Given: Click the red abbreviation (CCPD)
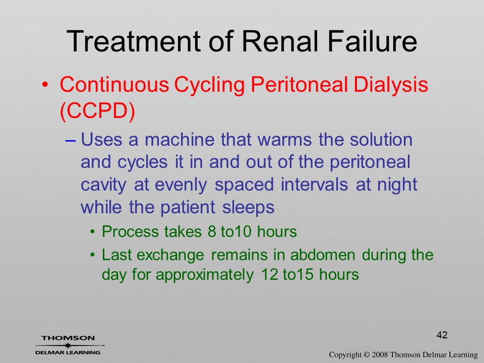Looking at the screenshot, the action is (x=97, y=110).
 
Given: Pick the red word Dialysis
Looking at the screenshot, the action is (x=391, y=85).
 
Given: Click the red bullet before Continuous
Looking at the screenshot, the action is (x=45, y=85).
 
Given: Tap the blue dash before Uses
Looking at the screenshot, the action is (x=71, y=141).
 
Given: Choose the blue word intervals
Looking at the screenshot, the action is (x=314, y=185).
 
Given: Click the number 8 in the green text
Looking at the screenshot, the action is (x=212, y=231).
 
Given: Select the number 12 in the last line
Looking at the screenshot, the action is (x=269, y=274).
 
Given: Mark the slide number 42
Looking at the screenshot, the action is (x=442, y=335).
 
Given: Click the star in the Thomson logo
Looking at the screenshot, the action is (x=68, y=345).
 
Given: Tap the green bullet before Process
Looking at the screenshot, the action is (x=93, y=232).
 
